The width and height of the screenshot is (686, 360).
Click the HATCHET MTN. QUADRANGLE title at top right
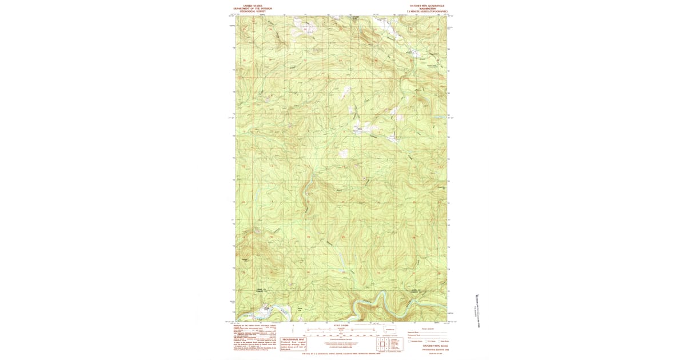point(426,5)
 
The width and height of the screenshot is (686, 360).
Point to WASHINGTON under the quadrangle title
point(426,8)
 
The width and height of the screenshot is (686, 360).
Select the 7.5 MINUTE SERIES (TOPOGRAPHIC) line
point(426,11)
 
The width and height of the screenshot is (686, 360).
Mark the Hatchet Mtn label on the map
point(246,260)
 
